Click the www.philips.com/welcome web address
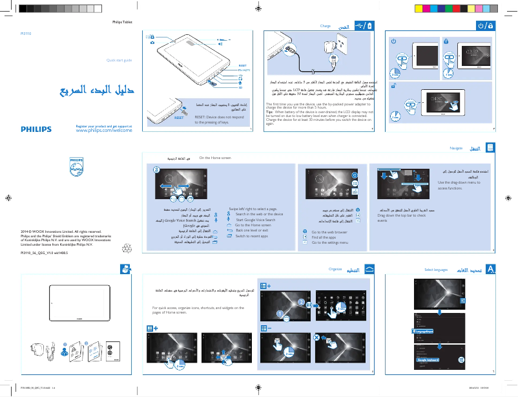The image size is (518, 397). coord(104,130)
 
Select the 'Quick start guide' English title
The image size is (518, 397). coord(119,60)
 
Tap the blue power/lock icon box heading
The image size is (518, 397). coord(485,25)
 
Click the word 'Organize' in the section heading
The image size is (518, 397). coord(335,268)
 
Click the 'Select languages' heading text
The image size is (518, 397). coord(436,268)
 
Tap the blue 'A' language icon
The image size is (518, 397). coord(492,268)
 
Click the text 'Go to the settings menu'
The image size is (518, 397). coord(329,242)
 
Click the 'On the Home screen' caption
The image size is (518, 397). coord(215,158)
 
